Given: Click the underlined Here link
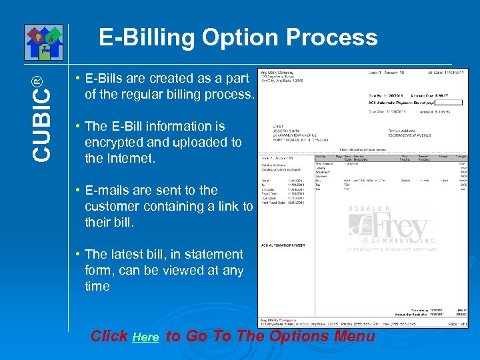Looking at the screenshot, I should click(145, 338).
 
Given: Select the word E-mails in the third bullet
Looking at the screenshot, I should click(109, 190).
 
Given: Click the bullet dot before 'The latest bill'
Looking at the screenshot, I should click(78, 254).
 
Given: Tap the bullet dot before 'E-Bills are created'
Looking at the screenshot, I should click(78, 78).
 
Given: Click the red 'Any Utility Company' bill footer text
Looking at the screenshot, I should click(278, 319).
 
